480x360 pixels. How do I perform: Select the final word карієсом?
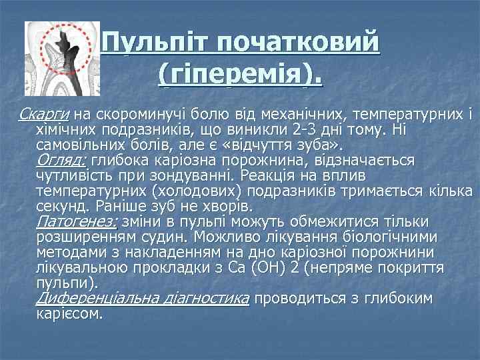[69, 313]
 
